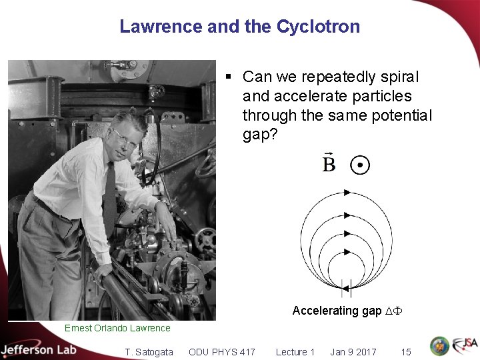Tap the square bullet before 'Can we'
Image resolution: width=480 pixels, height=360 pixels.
[229, 77]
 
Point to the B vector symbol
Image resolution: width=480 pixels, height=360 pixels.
[329, 163]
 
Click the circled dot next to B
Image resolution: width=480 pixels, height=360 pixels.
[360, 165]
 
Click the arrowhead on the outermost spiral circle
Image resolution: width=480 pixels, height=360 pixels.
[347, 193]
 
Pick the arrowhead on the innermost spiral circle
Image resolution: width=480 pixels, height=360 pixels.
[347, 252]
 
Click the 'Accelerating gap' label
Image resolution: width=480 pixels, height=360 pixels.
[337, 311]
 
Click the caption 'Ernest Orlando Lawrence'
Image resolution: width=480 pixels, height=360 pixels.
[117, 328]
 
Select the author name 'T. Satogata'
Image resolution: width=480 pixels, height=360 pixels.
[149, 352]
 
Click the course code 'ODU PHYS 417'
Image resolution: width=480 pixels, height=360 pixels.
[222, 352]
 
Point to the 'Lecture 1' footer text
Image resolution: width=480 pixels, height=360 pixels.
[295, 352]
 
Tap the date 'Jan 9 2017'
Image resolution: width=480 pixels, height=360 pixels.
[353, 352]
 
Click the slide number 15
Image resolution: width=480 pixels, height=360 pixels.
[406, 352]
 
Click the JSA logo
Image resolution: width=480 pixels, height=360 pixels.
[465, 346]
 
